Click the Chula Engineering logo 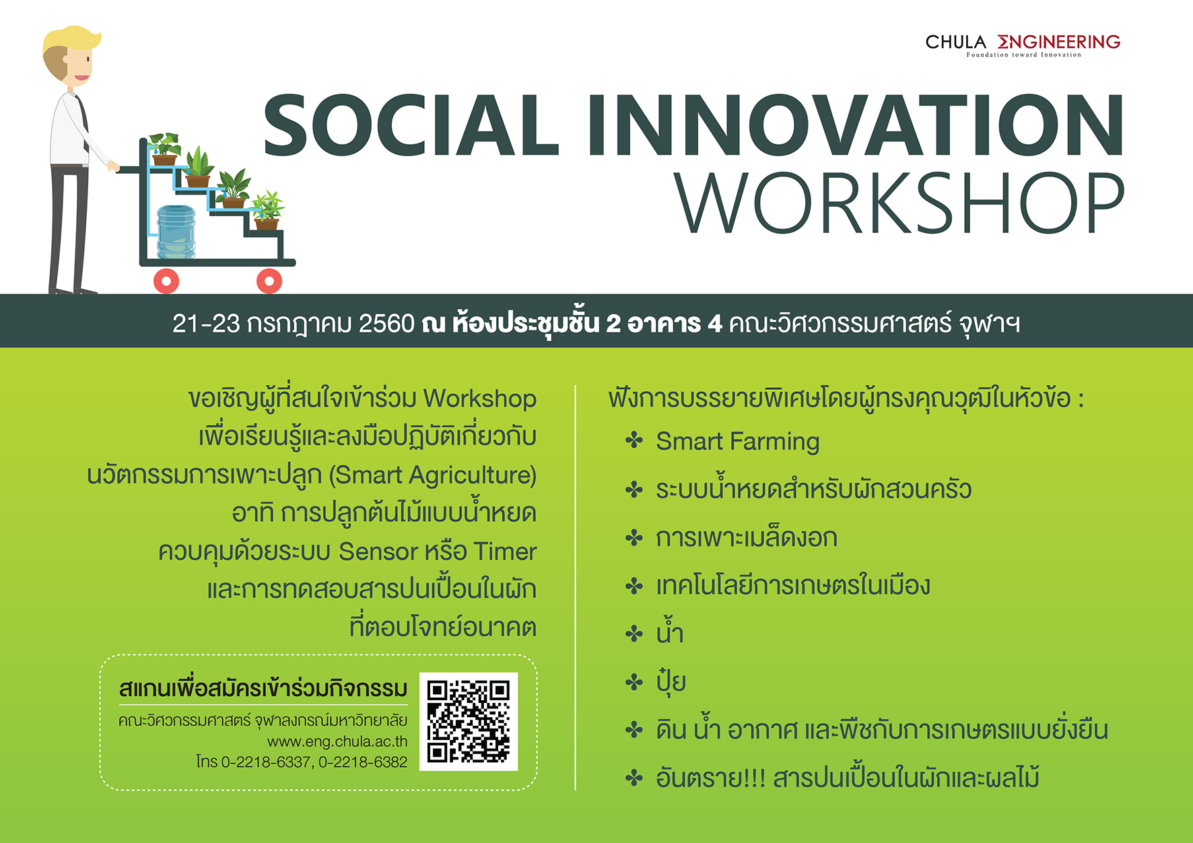(1023, 45)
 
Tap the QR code (469, 721)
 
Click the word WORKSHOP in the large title (899, 202)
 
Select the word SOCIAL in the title (411, 125)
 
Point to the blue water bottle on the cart (176, 232)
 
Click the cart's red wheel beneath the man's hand (166, 281)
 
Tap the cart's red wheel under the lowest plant (269, 281)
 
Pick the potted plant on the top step (164, 149)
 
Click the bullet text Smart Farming (738, 442)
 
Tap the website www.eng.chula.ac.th (337, 741)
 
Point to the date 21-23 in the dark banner (206, 324)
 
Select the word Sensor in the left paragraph (378, 551)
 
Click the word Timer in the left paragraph (505, 551)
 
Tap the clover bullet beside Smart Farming (634, 442)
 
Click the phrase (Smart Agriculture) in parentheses (433, 475)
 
